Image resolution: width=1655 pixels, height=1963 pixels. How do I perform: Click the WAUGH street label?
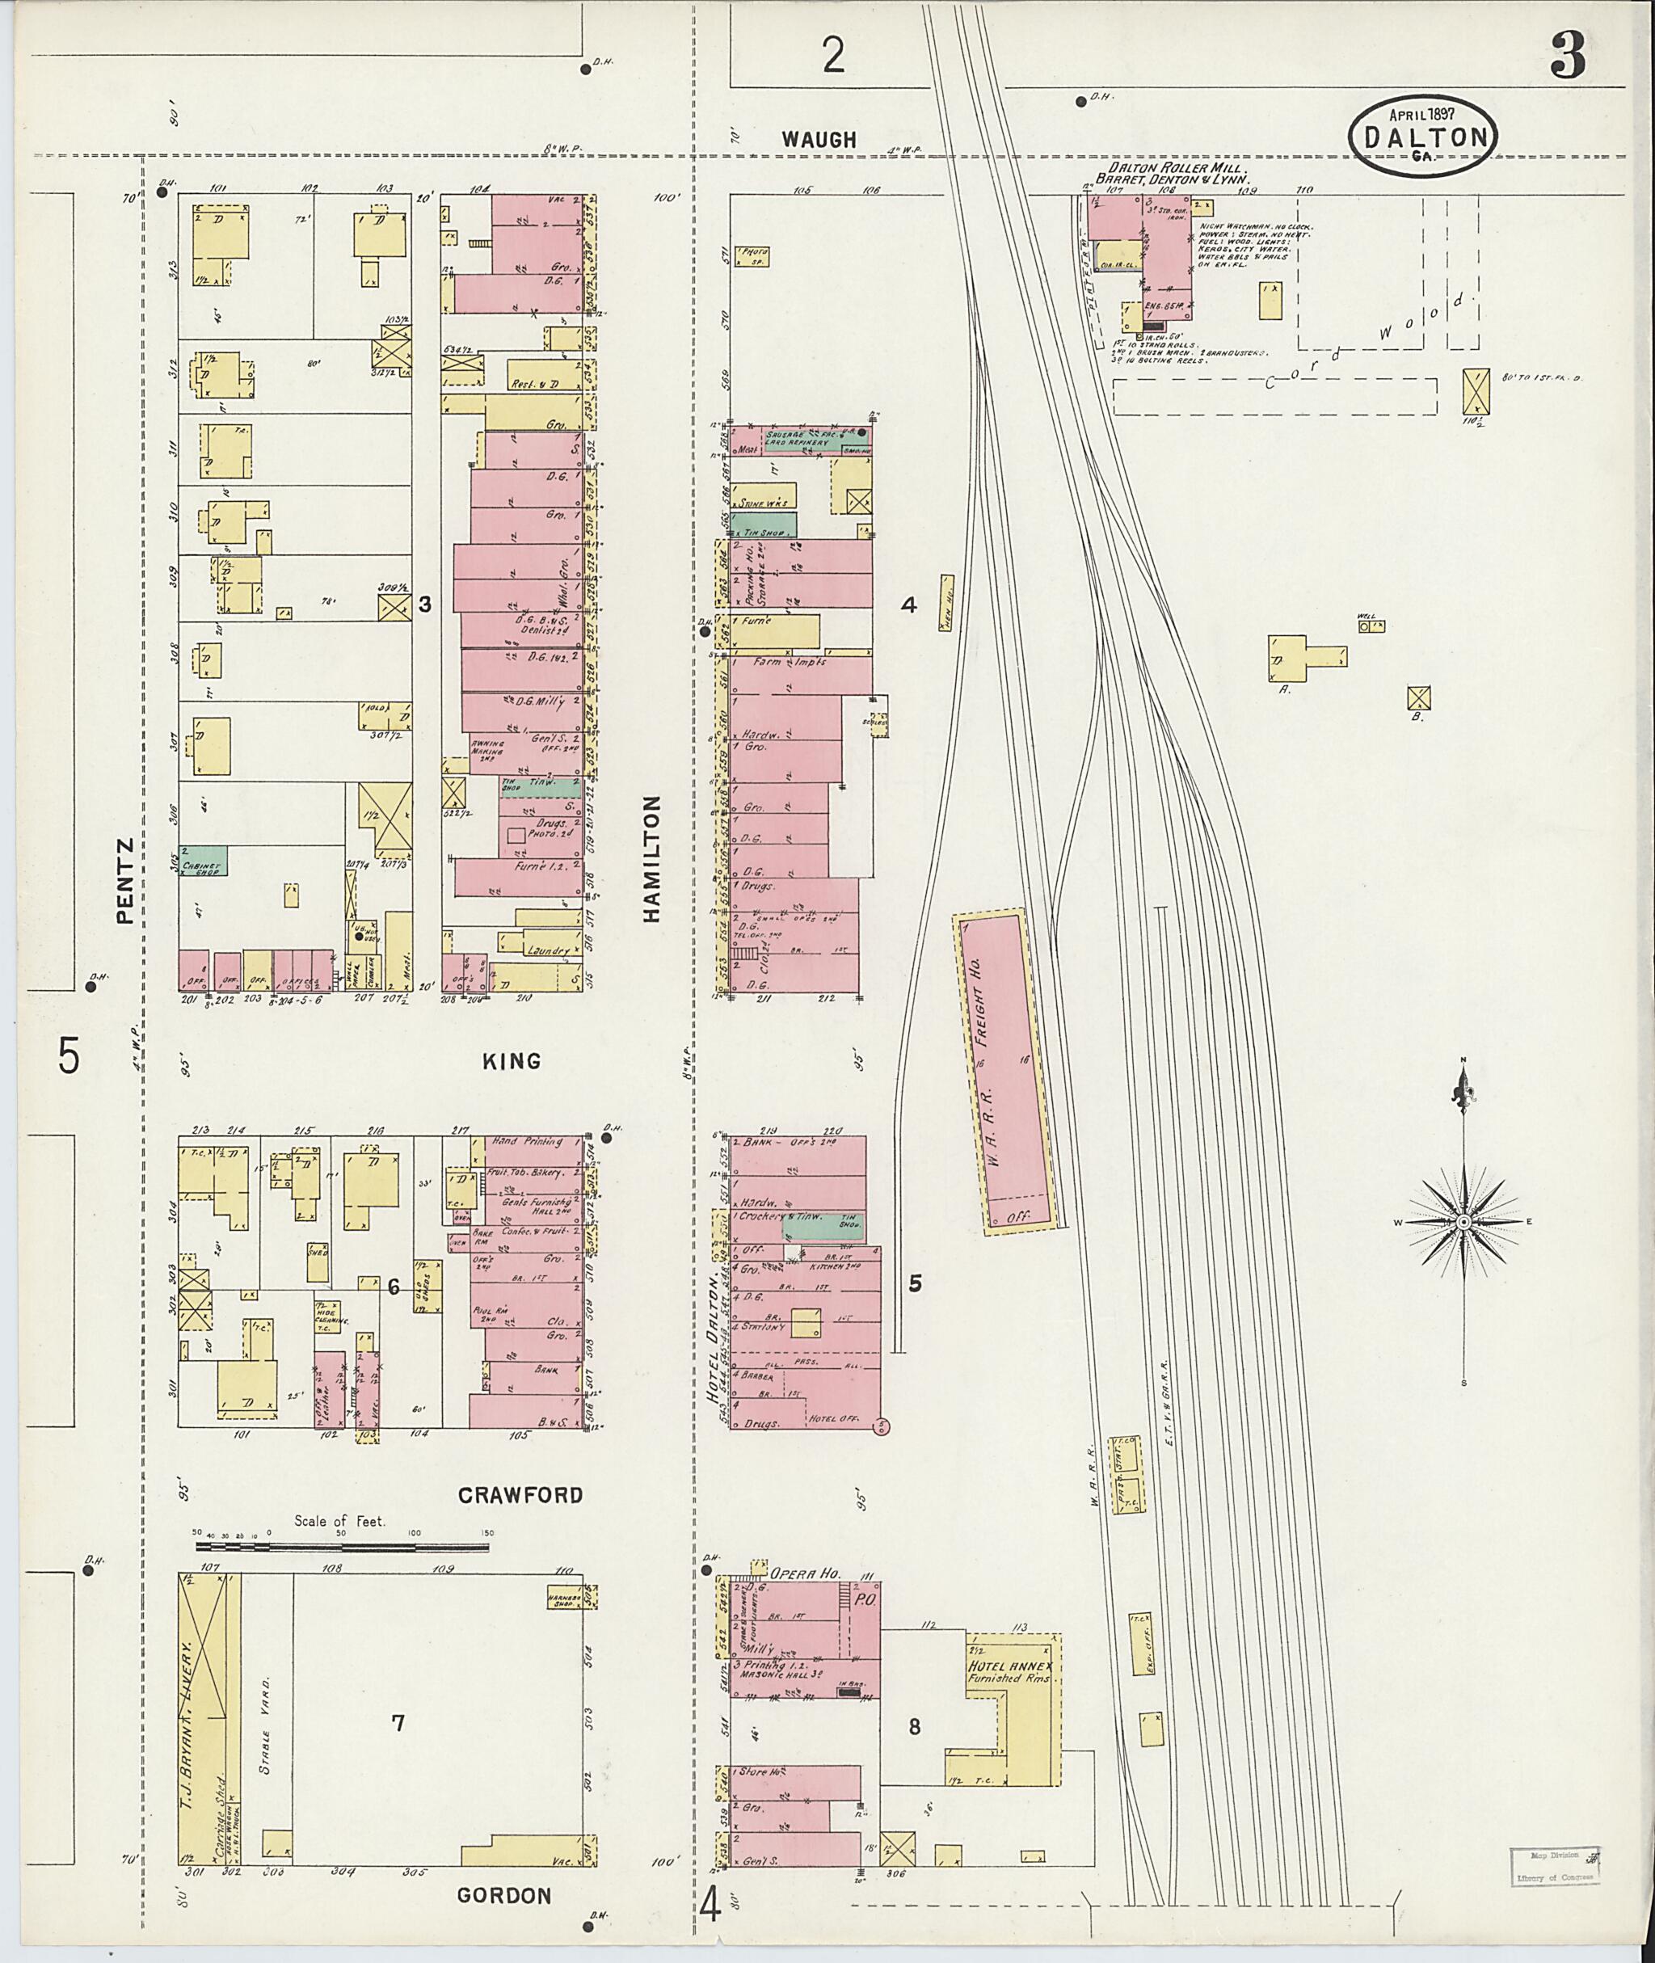(x=820, y=140)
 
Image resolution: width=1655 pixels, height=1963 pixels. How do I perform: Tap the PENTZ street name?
(x=127, y=870)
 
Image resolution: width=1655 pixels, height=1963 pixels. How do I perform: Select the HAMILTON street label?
(x=653, y=860)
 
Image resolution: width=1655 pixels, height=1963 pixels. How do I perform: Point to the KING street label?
(x=512, y=1061)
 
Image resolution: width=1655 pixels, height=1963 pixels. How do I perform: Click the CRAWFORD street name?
(x=520, y=1495)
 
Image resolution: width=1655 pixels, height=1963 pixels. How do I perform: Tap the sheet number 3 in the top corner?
(x=1567, y=57)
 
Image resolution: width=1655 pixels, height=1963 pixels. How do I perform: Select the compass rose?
(x=1463, y=1222)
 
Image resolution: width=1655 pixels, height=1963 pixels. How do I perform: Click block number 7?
(x=398, y=1723)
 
